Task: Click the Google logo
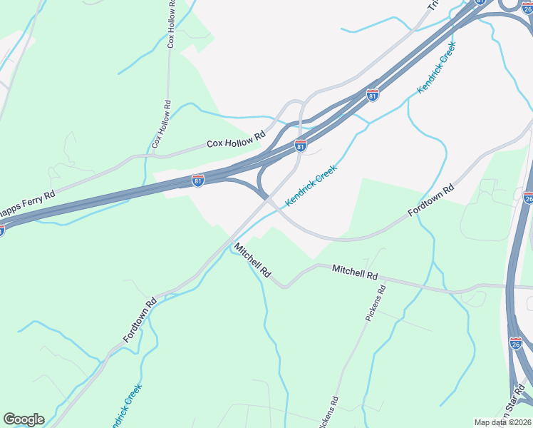pyautogui.click(x=24, y=419)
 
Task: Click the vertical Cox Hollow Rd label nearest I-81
pyautogui.click(x=160, y=124)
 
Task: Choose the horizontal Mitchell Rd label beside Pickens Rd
pyautogui.click(x=354, y=272)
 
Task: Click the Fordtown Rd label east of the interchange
pyautogui.click(x=430, y=203)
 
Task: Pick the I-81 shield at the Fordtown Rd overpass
pyautogui.click(x=301, y=146)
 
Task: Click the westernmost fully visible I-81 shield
pyautogui.click(x=198, y=180)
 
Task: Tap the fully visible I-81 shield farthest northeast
pyautogui.click(x=373, y=94)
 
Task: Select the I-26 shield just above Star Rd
pyautogui.click(x=516, y=344)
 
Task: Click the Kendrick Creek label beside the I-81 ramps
pyautogui.click(x=311, y=186)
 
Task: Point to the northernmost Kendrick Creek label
pyautogui.click(x=436, y=68)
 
